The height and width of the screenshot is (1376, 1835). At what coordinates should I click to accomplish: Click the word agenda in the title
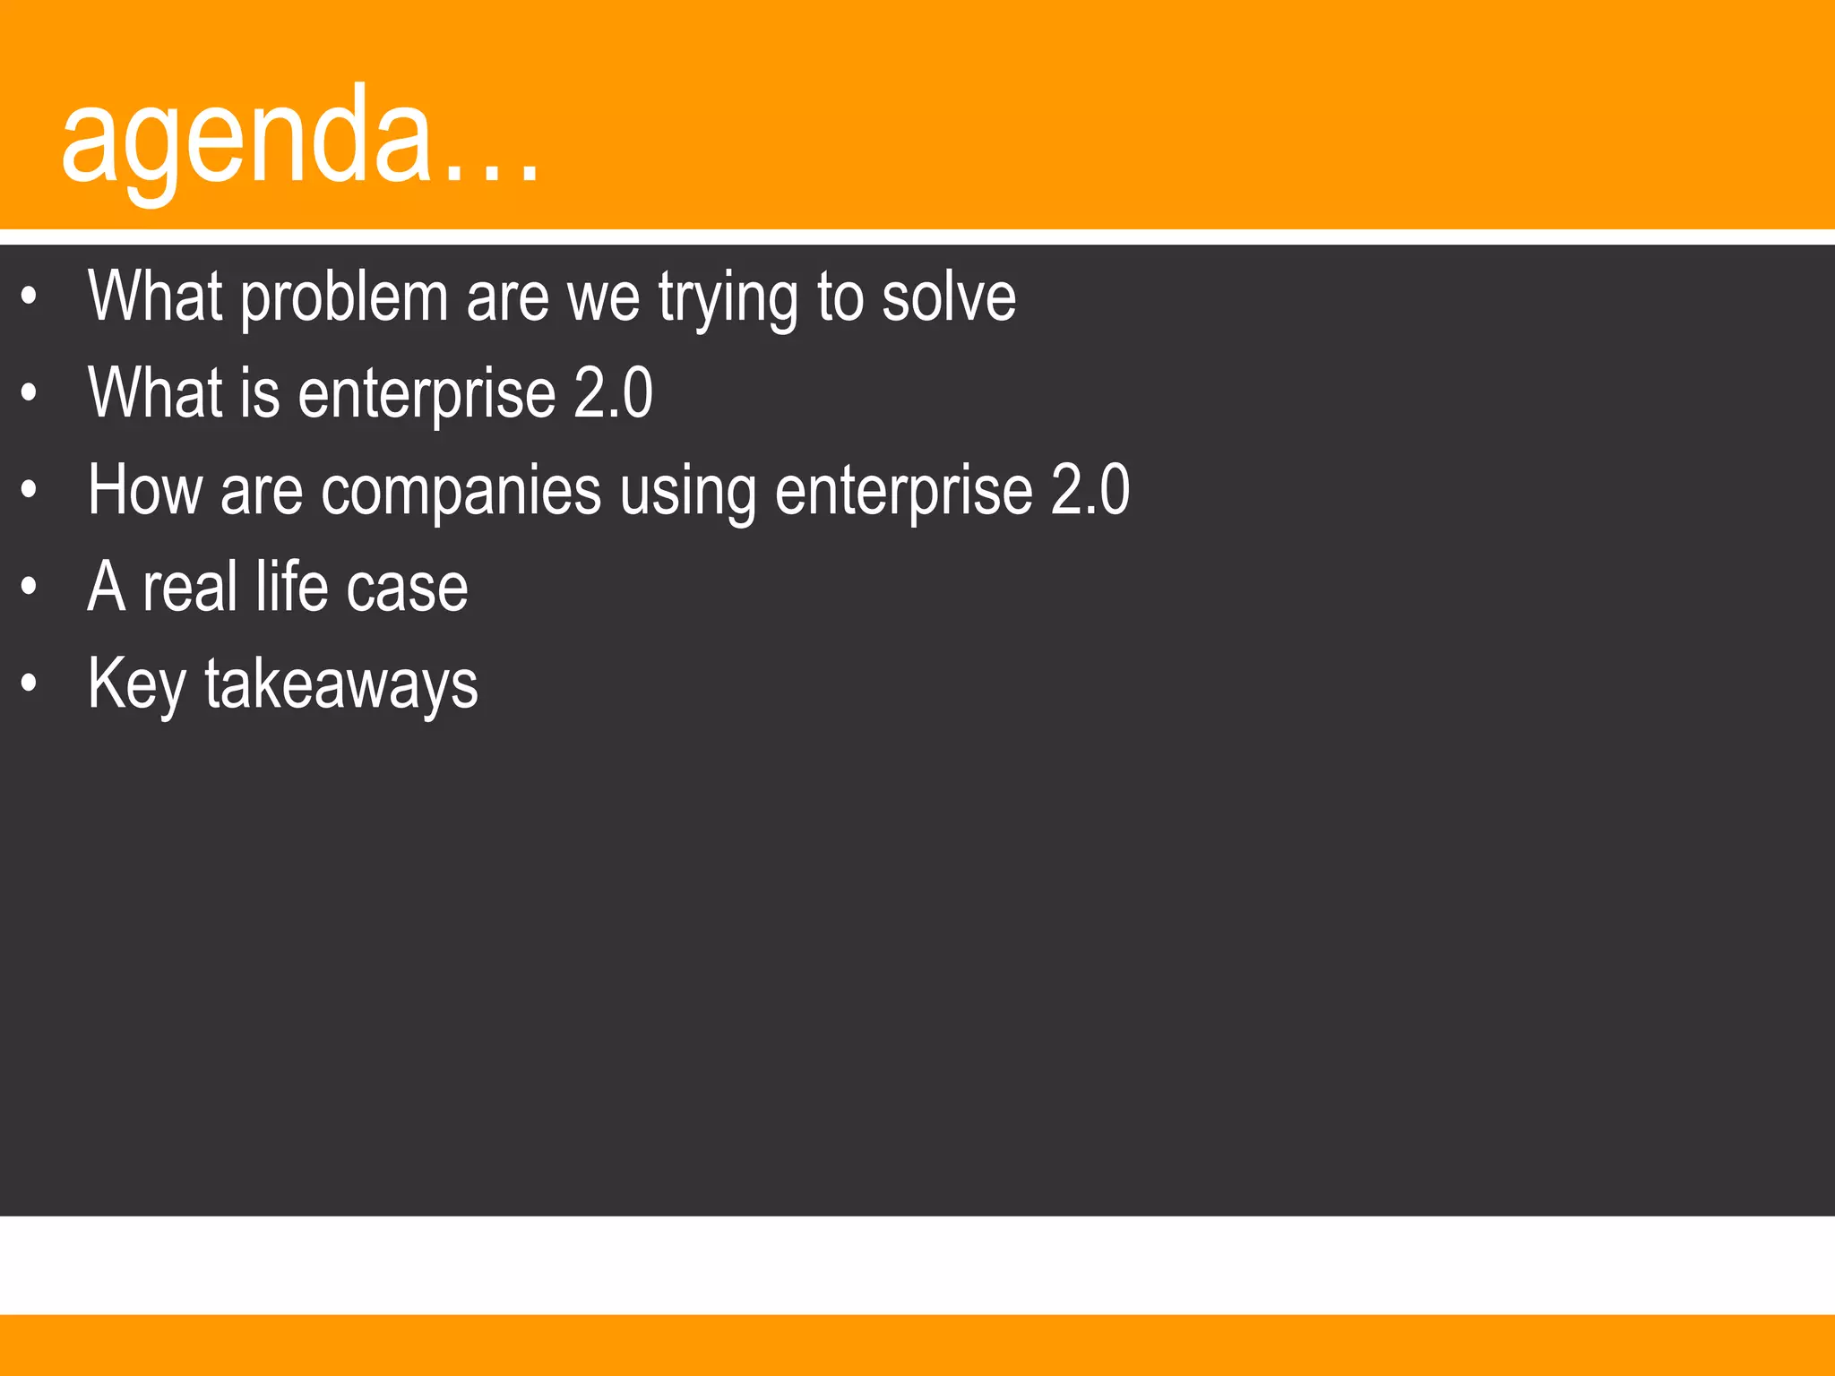(x=246, y=139)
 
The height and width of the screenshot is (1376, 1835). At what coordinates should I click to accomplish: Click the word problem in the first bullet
(x=344, y=298)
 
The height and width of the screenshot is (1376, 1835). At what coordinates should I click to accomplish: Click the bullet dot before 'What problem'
(x=30, y=296)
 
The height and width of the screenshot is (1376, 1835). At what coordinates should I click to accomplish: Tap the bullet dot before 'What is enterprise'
(x=30, y=392)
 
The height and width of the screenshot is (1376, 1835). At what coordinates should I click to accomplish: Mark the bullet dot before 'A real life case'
(x=30, y=587)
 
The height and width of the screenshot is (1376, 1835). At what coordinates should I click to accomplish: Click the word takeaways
(x=341, y=684)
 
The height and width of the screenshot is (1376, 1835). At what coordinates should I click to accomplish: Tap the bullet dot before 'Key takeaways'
(x=30, y=684)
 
